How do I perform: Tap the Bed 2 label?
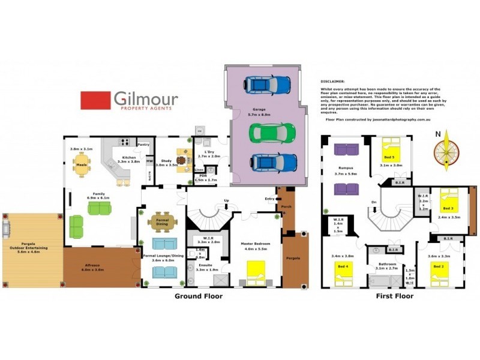point(439,266)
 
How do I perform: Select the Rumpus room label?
point(346,169)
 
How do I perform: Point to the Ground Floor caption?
point(198,296)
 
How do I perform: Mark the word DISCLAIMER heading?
point(333,80)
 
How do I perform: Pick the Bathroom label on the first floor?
point(386,263)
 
